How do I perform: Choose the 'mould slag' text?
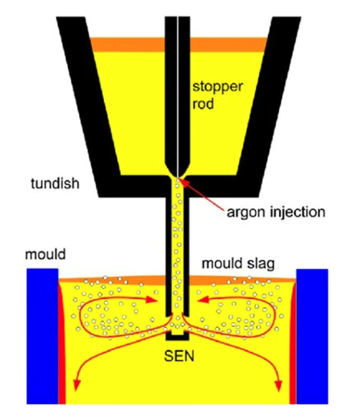pos(238,265)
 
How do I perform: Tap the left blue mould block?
pos(41,335)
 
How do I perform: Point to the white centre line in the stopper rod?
pos(178,88)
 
